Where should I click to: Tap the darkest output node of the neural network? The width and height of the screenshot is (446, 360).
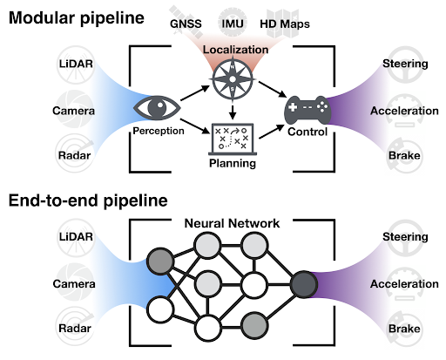305,284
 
